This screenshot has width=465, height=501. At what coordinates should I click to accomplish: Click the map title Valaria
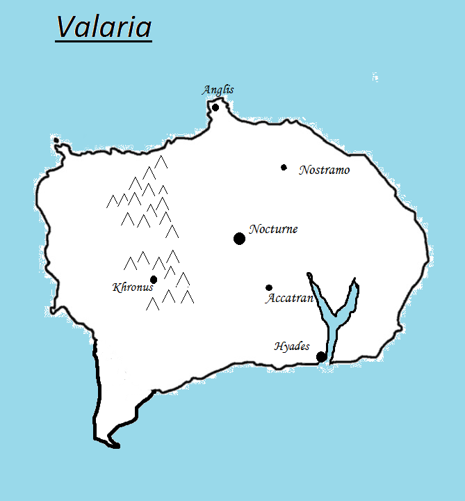point(104,27)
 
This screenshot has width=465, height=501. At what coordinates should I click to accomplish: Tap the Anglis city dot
point(215,107)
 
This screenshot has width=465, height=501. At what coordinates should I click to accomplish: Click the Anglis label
point(218,90)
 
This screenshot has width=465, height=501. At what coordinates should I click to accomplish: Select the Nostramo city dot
point(284,167)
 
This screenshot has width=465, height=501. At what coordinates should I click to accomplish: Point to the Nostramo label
point(324,170)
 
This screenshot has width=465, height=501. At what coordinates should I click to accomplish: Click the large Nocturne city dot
point(239,239)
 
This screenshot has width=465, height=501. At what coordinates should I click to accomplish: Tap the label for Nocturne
point(273,229)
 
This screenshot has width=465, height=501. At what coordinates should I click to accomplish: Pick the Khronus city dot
point(154,280)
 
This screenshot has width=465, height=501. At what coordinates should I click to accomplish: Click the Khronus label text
point(132,287)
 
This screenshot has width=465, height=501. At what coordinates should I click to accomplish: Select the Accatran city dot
point(269,287)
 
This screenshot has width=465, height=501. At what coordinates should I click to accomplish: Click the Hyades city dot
point(321,357)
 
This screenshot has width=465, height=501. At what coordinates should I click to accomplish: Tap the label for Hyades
point(291,346)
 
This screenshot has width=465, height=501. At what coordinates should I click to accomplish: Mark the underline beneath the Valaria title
point(104,42)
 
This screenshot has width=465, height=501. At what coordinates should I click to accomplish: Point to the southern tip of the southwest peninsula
point(114,445)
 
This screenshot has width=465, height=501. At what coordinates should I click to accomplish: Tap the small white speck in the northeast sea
point(375,77)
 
